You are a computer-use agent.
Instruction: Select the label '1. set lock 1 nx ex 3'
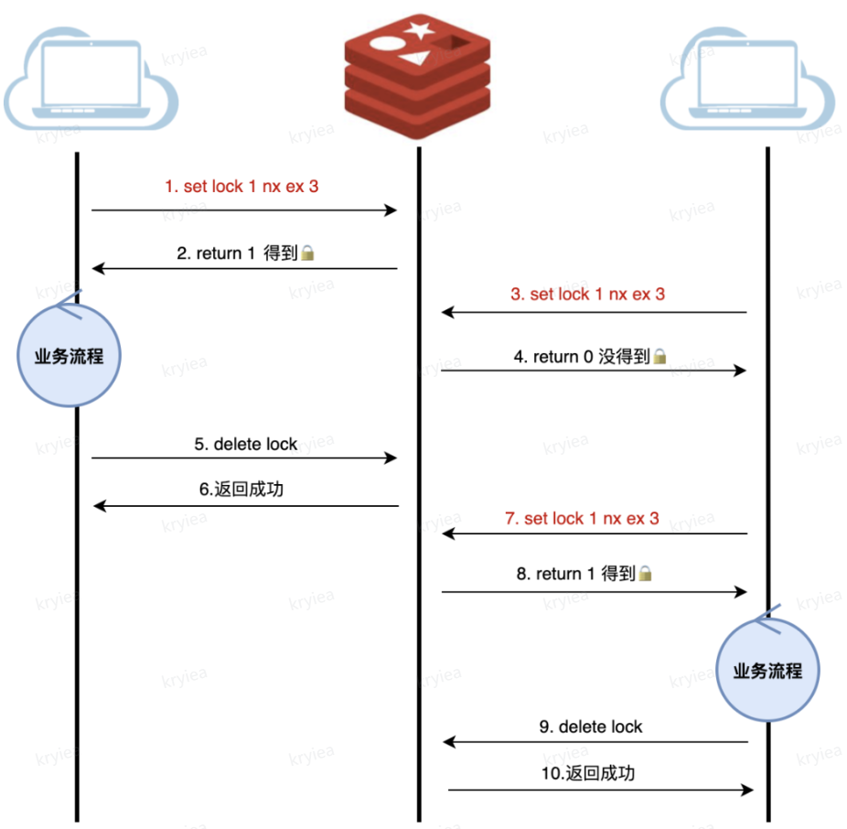coord(241,187)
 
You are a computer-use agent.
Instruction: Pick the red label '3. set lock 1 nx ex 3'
coord(587,295)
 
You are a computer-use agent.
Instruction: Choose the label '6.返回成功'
coord(241,490)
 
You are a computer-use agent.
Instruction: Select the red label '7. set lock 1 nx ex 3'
coord(582,519)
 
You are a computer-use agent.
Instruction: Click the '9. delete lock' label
coord(590,727)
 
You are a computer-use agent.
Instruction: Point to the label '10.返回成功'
coord(586,773)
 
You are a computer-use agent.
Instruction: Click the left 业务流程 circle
coord(70,356)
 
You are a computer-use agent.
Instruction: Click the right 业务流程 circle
coord(767,671)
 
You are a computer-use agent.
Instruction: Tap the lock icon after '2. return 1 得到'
coord(308,253)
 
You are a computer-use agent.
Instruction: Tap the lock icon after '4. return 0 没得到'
coord(659,357)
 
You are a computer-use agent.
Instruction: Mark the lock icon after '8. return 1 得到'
coord(645,574)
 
